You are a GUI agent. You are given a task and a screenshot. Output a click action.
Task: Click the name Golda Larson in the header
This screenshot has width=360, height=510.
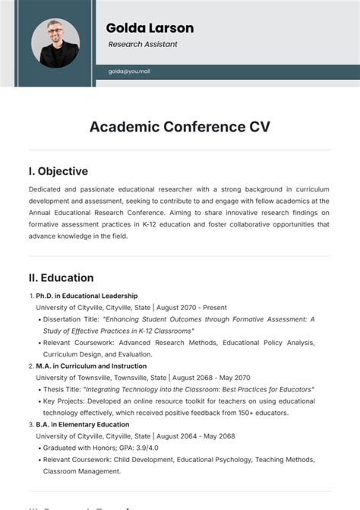150,28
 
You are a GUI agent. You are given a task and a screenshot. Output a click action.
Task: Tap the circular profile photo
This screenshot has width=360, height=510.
55,43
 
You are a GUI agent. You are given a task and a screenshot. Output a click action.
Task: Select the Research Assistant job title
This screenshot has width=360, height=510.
143,44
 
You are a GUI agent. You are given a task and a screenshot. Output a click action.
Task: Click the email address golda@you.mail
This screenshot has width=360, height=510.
129,71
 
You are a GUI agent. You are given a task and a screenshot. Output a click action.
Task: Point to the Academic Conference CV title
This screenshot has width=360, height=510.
179,126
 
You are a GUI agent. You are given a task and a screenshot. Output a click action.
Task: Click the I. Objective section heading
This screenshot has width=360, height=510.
58,171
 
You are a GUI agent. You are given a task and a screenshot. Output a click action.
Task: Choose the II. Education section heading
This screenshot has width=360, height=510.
62,277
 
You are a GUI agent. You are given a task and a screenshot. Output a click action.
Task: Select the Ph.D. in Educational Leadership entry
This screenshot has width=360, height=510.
87,296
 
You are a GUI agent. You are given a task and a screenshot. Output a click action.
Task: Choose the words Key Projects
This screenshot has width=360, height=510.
63,401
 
